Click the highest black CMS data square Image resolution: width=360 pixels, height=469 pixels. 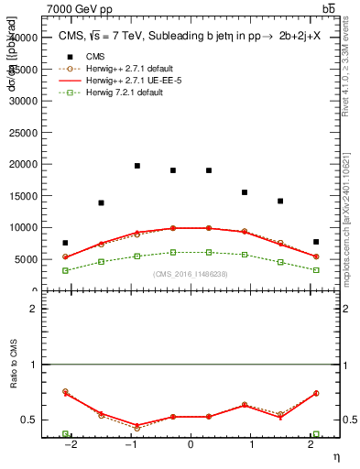[x=136, y=166]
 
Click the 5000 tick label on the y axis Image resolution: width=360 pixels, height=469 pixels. [x=27, y=259]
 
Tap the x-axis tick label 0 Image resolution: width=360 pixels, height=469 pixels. [x=191, y=444]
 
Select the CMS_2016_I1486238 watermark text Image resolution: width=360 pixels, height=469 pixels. [x=190, y=274]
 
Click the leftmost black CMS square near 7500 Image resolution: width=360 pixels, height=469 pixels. [x=65, y=243]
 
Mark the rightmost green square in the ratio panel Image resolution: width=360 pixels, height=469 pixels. [x=316, y=434]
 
